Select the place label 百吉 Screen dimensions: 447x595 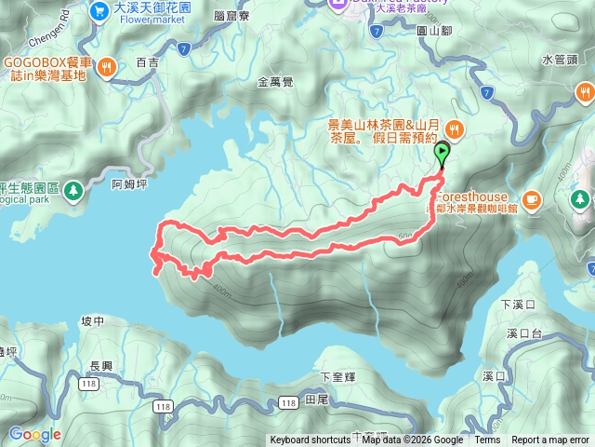(147, 62)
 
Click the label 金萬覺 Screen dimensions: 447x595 (275, 82)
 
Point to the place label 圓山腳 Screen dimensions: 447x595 (434, 31)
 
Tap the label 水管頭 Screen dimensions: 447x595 (559, 60)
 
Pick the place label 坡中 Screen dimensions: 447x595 (92, 321)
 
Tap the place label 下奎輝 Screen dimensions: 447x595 (338, 377)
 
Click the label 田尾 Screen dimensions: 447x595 (317, 400)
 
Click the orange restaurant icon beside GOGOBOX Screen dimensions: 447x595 (108, 66)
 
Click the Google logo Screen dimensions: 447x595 (34, 434)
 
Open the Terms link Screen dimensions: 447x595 (487, 440)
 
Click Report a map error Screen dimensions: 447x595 (550, 440)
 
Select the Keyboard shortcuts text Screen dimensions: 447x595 (311, 440)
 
